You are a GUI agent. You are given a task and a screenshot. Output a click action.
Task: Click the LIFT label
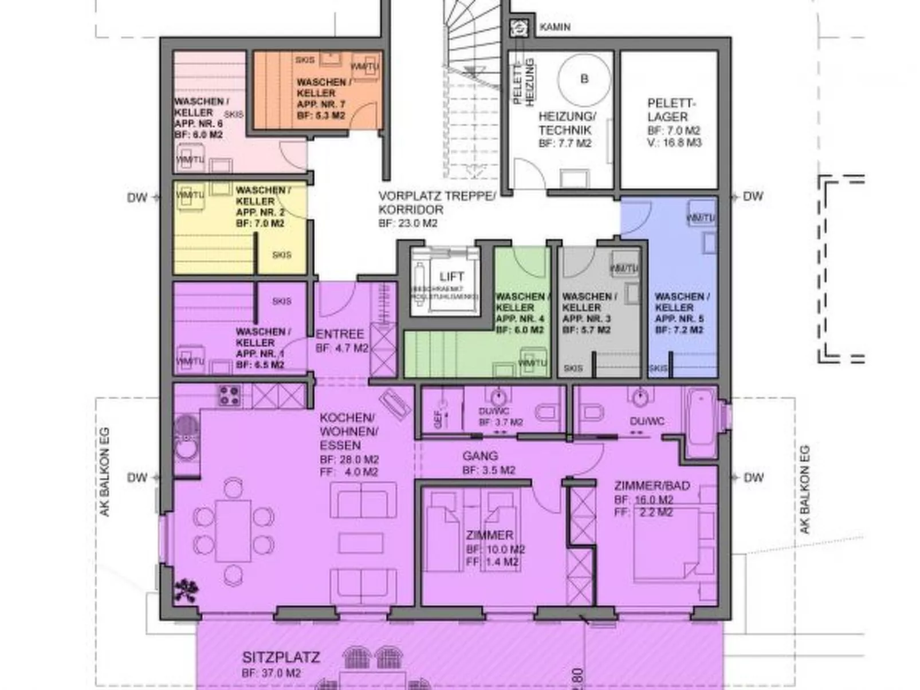click(451, 277)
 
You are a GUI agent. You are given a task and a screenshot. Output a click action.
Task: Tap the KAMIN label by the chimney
click(555, 27)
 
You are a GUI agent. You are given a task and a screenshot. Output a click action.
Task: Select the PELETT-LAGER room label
click(670, 110)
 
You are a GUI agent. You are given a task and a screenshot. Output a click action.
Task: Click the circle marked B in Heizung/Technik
click(584, 78)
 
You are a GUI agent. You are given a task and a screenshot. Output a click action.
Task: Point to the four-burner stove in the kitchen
click(229, 395)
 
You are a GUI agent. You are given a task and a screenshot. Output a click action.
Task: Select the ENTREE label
click(340, 334)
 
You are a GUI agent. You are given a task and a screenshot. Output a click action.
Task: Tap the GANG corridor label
click(480, 456)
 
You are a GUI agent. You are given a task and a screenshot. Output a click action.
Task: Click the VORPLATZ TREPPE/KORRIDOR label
click(437, 203)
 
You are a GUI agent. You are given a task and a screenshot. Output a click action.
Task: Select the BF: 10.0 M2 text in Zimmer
click(495, 550)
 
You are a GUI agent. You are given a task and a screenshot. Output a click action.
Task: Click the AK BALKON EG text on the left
click(105, 472)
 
